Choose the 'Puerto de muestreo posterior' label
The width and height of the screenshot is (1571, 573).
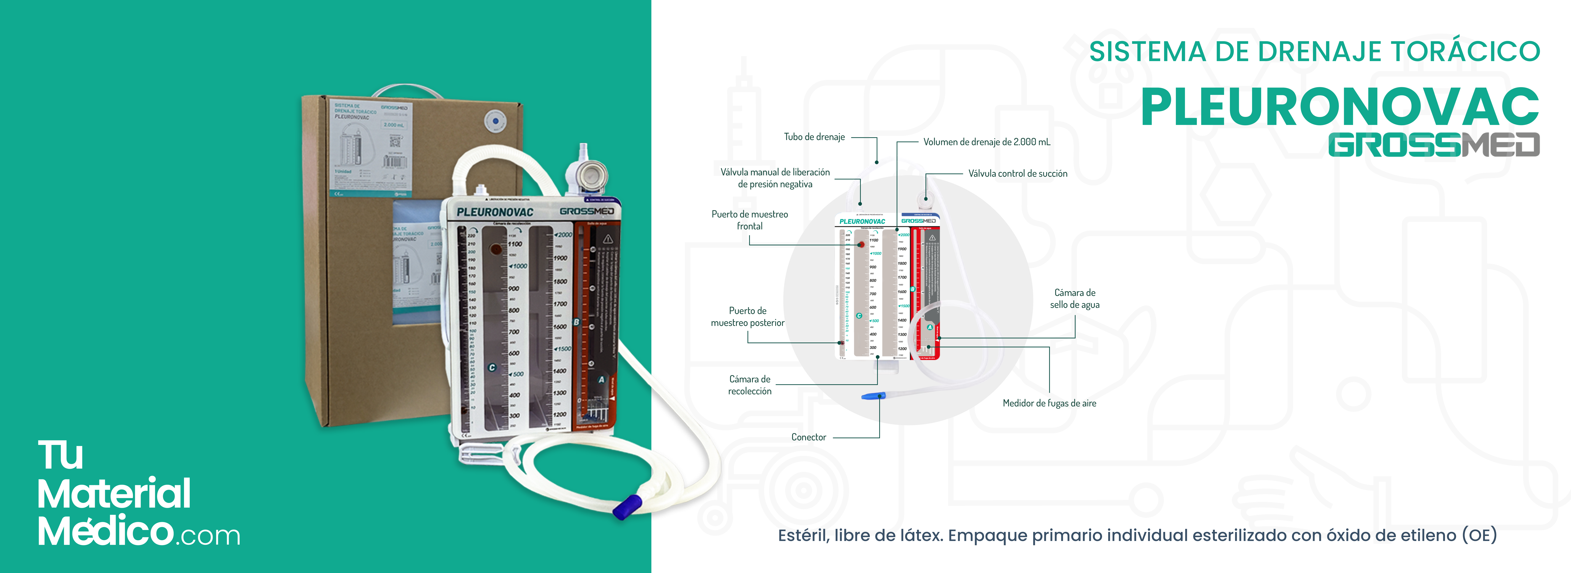point(748,317)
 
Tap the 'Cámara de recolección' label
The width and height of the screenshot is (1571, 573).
point(750,385)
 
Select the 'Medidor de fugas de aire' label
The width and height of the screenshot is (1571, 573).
point(1049,403)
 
